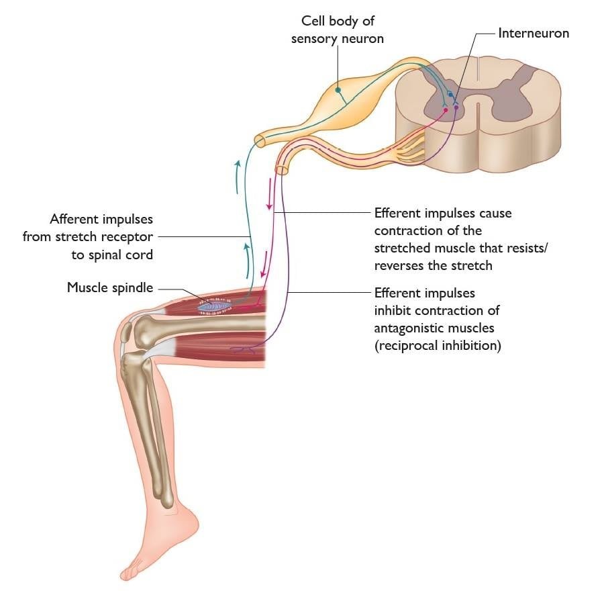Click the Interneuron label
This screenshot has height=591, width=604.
click(x=533, y=32)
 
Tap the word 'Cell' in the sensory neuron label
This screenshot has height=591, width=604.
click(x=315, y=22)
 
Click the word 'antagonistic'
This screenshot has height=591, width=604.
click(x=405, y=328)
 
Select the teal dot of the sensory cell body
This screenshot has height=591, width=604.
click(x=339, y=90)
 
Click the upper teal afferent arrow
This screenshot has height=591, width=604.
click(x=236, y=176)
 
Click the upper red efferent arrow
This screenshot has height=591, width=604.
click(x=270, y=194)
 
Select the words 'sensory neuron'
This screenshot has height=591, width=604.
click(x=337, y=39)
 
